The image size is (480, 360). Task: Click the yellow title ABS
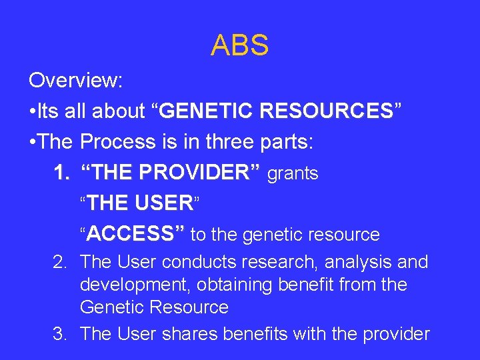point(239,45)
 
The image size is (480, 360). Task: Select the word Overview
point(75,81)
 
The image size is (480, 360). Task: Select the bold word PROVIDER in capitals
point(193,173)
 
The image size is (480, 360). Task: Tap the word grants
point(293,173)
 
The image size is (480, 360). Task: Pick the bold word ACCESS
point(131,233)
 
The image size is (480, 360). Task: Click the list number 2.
point(60,262)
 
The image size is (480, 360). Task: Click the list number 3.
point(60,333)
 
